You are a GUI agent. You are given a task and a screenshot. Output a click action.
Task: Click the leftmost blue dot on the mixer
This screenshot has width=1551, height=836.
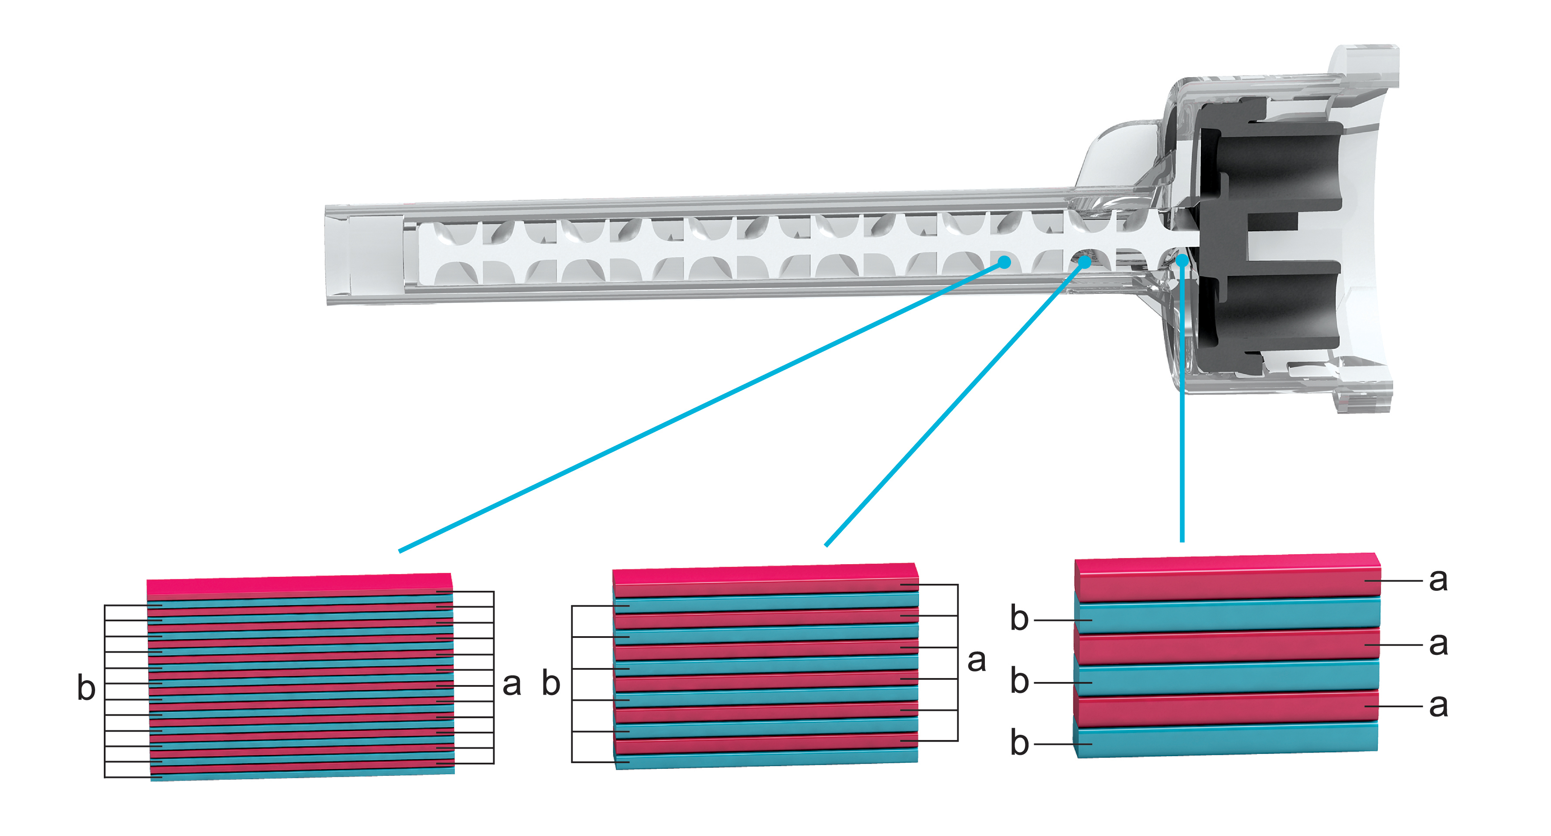[x=1004, y=262]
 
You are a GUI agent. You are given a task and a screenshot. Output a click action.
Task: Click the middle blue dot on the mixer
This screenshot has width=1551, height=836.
[x=1084, y=262]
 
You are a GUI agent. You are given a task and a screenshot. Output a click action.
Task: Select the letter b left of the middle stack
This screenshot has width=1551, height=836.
[x=551, y=684]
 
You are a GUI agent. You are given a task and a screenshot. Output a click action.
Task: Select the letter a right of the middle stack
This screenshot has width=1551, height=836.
[x=976, y=661]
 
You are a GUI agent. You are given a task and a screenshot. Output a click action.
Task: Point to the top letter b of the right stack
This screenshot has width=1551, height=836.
[x=1019, y=619]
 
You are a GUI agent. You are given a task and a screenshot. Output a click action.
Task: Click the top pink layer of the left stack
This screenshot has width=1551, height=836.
[x=299, y=585]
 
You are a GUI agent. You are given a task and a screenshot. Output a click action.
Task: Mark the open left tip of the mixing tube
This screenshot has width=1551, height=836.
[x=337, y=255]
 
